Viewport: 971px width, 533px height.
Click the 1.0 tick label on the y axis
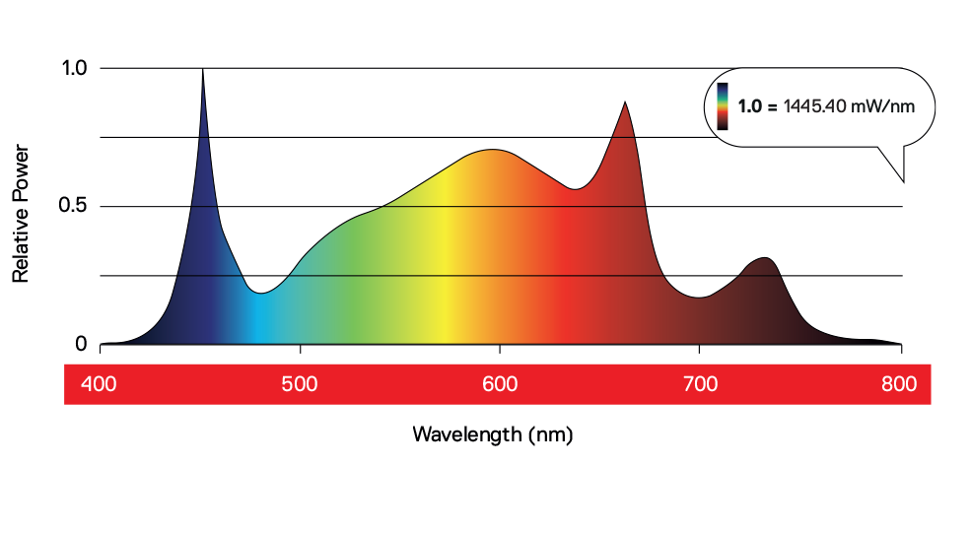point(75,68)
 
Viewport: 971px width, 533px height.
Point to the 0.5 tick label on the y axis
point(75,206)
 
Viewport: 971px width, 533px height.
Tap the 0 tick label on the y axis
point(81,344)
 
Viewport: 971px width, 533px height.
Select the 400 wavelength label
point(99,384)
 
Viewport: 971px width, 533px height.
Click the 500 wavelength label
point(299,384)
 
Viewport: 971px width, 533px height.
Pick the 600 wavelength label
point(500,384)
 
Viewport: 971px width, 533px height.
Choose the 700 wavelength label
point(699,384)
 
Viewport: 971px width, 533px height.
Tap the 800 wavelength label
point(899,384)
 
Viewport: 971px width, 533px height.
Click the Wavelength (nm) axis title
point(492,433)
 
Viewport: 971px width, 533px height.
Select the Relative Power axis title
point(21,213)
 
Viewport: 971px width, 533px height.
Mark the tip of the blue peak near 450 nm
point(202,70)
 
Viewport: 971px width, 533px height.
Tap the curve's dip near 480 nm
point(259,293)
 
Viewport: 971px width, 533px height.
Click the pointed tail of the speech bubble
point(902,179)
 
